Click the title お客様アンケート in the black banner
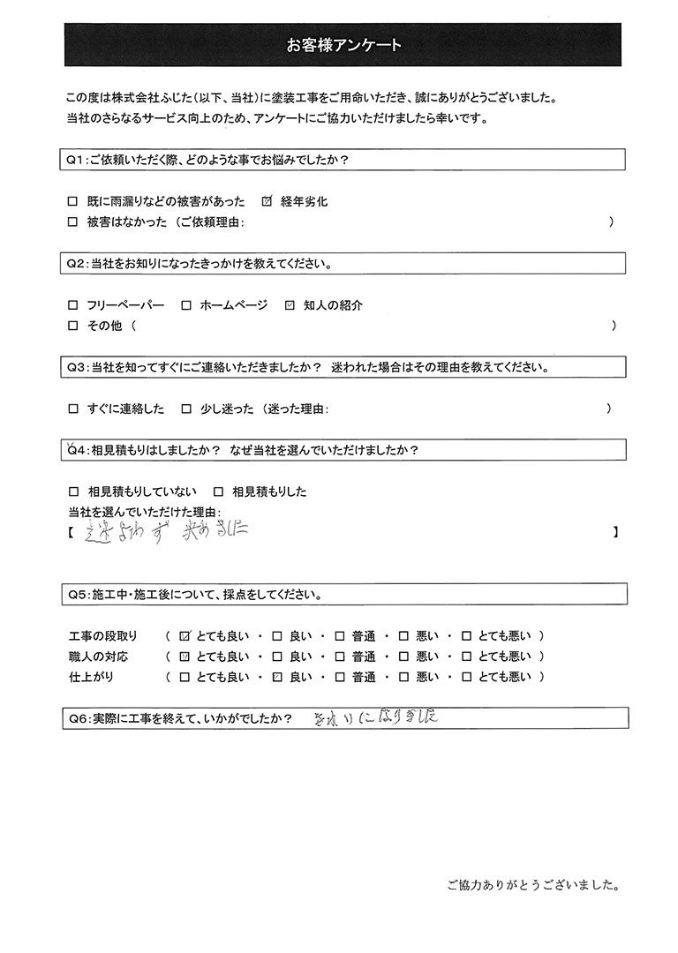343,45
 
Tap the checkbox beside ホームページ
186,306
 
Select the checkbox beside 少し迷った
186,409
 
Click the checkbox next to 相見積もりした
218,492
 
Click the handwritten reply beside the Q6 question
376,718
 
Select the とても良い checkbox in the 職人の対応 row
185,657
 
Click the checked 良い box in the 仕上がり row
277,678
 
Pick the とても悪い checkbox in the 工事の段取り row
466,635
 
